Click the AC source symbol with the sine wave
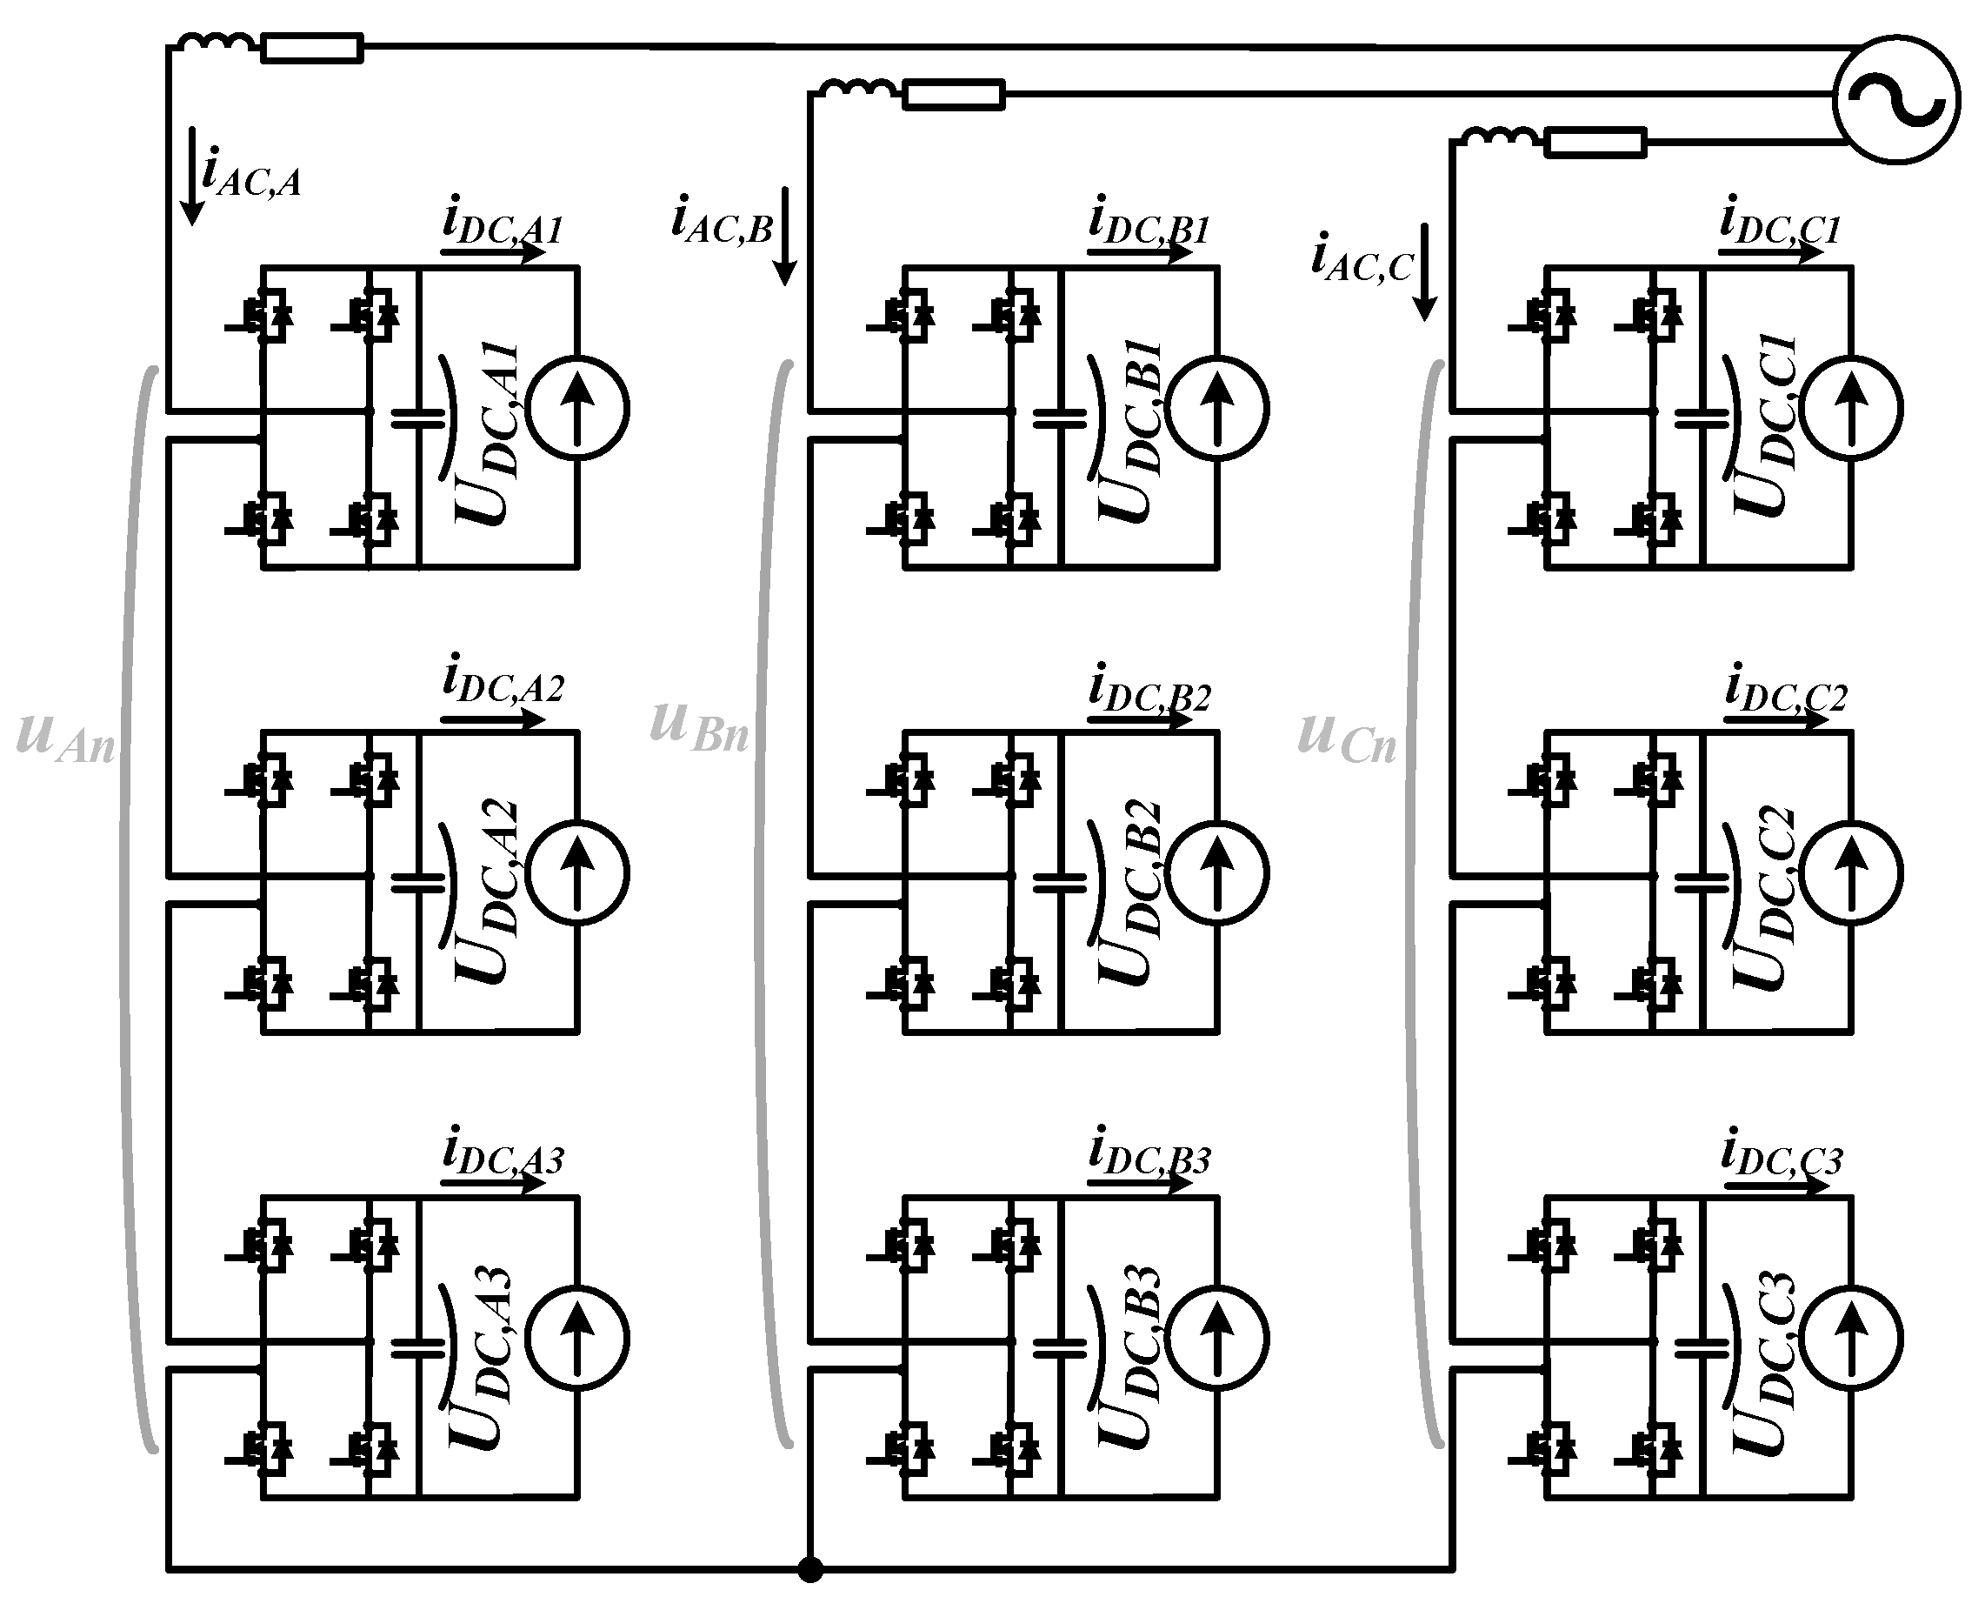click(x=1896, y=101)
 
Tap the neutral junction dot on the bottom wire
click(x=810, y=1569)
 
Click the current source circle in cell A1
click(x=577, y=409)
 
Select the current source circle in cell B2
click(x=1217, y=872)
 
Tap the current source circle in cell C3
click(x=1851, y=1339)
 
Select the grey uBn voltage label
click(x=698, y=727)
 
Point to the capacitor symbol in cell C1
click(x=1701, y=418)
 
